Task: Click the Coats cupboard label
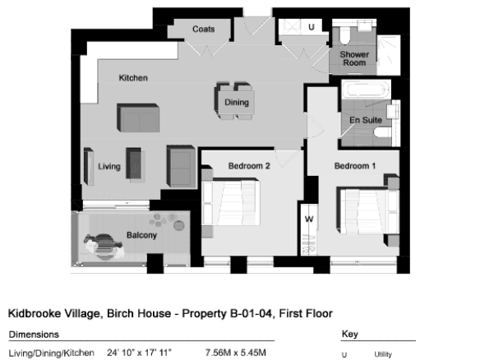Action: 203,29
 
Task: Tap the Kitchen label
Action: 133,78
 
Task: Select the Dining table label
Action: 237,102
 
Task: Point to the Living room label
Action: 109,167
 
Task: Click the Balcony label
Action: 141,235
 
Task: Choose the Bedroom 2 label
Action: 249,166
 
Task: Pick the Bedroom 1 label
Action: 355,166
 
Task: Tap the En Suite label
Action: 366,120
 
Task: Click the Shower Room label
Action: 354,58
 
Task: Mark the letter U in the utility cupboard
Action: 312,27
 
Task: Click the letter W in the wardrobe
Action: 309,219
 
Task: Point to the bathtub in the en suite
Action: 366,90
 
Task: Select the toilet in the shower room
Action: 344,35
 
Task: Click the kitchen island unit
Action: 138,118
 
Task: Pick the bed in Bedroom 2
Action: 231,203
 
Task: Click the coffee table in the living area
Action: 134,164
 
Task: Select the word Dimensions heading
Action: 34,335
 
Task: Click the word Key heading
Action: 350,334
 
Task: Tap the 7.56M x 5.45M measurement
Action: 236,353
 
